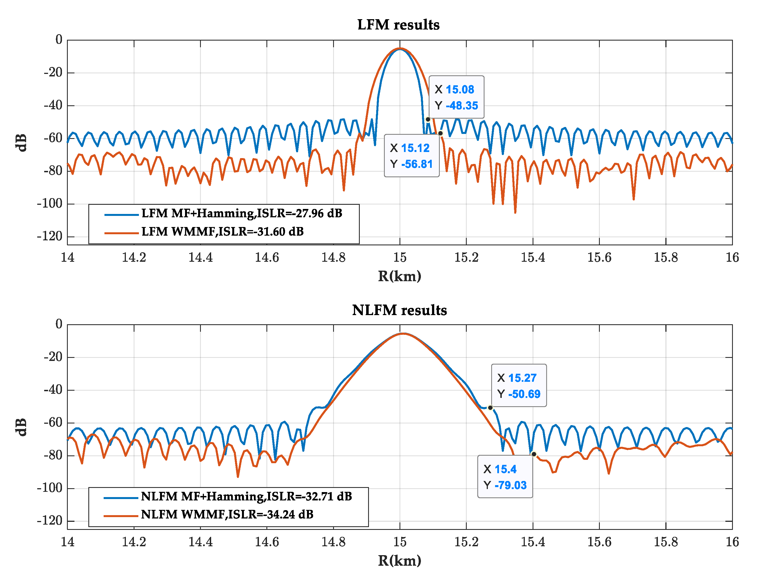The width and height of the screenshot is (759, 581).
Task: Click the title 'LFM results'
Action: tap(398, 25)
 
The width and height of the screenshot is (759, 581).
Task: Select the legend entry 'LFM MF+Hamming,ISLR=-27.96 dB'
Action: tap(241, 213)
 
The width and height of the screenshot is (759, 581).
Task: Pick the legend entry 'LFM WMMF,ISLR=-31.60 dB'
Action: tap(222, 231)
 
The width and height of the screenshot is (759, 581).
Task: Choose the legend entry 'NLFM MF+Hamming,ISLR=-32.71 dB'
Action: tap(246, 496)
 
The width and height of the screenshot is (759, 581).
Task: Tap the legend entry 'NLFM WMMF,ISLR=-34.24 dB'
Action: tap(227, 514)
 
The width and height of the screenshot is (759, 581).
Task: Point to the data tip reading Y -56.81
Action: tap(411, 156)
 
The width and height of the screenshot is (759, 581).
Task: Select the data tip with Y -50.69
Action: tap(518, 386)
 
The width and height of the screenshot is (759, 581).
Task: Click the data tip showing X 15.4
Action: tap(505, 477)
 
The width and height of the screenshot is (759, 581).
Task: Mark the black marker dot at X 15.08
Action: tap(428, 119)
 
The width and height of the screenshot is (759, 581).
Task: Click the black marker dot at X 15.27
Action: tap(490, 408)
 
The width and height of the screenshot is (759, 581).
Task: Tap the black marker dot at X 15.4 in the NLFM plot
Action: tap(533, 454)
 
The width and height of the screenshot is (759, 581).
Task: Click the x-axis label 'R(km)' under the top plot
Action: tap(400, 276)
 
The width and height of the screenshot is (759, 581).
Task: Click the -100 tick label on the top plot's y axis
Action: tap(49, 203)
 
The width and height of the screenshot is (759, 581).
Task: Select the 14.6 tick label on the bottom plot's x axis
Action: tap(267, 542)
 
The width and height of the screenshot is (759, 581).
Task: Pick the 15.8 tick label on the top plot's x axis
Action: tap(666, 257)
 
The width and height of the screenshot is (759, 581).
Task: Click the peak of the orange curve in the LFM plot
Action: tap(400, 48)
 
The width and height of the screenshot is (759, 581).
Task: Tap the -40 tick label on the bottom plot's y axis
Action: tap(53, 390)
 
